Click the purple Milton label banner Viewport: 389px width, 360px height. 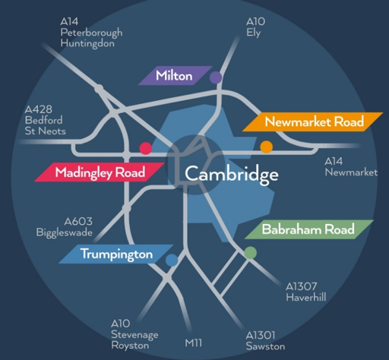tap(176, 75)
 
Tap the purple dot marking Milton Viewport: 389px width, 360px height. tap(216, 77)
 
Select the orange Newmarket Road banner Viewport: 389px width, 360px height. tap(313, 122)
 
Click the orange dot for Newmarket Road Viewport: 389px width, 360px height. tap(267, 147)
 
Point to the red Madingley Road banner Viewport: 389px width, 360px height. tap(100, 172)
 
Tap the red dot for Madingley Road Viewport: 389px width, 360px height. tap(146, 148)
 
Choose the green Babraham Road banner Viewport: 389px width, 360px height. tap(309, 229)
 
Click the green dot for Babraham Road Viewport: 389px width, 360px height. tap(251, 253)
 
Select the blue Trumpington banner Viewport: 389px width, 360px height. tap(116, 254)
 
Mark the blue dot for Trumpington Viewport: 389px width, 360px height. tap(172, 260)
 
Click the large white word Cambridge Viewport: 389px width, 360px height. tap(232, 175)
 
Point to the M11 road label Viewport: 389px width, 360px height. tap(194, 343)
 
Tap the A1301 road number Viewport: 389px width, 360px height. tap(261, 335)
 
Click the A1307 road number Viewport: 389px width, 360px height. tap(302, 286)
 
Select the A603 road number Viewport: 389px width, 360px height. tap(78, 222)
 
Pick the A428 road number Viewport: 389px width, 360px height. tap(39, 109)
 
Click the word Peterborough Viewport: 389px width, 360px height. tap(91, 33)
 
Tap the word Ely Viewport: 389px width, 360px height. tap(253, 33)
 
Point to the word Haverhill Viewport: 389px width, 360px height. tap(306, 297)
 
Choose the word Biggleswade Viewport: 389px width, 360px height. tap(65, 232)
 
